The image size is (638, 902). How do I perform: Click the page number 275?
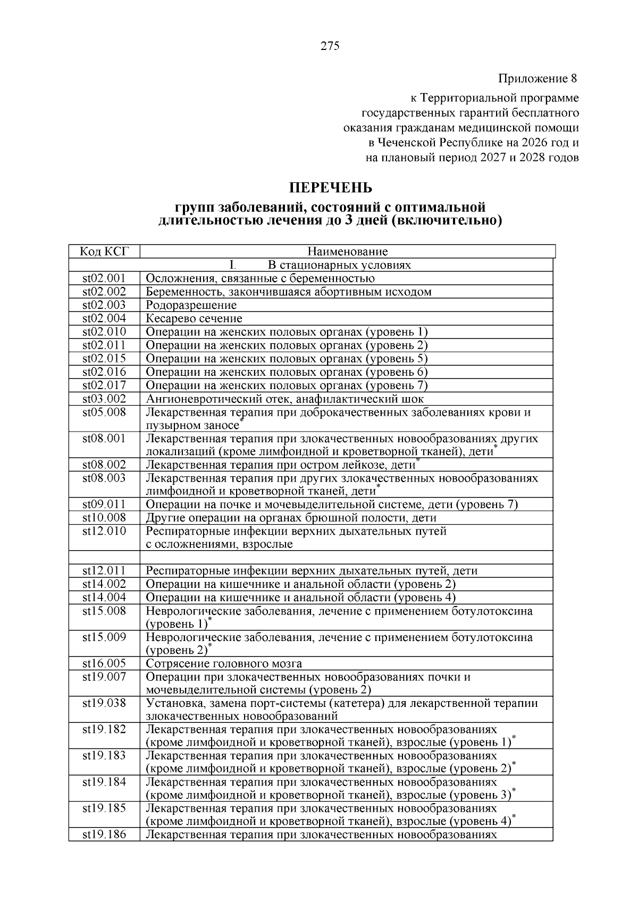click(x=330, y=46)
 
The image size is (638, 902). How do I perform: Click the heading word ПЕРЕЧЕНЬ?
click(x=330, y=188)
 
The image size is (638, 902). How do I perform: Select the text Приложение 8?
click(x=537, y=79)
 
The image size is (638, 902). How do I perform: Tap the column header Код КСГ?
click(x=104, y=251)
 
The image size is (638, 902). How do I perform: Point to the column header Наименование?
click(x=348, y=251)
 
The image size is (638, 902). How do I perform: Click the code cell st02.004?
click(x=104, y=318)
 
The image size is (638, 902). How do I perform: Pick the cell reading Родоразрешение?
click(x=191, y=305)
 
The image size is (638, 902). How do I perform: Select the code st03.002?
click(x=104, y=399)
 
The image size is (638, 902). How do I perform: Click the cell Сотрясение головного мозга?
click(x=224, y=663)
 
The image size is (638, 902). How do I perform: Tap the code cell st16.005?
click(x=104, y=663)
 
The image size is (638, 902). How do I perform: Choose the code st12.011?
click(x=104, y=571)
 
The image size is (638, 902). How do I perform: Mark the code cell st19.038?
click(x=104, y=703)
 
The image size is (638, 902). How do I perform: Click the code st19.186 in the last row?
click(x=104, y=834)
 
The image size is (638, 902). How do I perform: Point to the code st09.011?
click(x=104, y=504)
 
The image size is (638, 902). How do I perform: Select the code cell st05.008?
click(x=104, y=412)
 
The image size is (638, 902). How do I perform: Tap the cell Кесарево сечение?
click(x=194, y=318)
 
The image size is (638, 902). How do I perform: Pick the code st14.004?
click(x=104, y=597)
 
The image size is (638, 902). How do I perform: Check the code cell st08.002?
click(x=104, y=465)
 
